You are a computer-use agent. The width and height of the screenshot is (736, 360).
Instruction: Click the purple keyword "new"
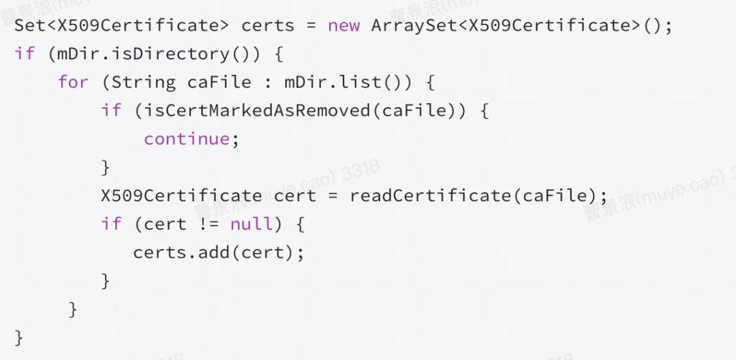point(343,26)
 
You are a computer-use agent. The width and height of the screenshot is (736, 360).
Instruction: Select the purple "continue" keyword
point(187,139)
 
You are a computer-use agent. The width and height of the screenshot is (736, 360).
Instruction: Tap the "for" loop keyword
point(73,82)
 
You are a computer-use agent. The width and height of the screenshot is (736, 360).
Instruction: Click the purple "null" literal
point(251,224)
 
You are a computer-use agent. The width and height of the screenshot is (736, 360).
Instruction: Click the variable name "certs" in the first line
point(268,26)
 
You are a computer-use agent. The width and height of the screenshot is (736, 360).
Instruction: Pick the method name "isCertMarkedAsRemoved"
point(257,110)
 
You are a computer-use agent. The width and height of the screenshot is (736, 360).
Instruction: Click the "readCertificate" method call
point(430,196)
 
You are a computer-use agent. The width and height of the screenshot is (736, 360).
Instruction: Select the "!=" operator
point(209,224)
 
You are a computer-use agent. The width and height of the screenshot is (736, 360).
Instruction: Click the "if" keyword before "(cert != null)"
point(111,224)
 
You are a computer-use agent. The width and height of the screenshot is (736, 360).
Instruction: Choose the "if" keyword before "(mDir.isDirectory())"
point(25,54)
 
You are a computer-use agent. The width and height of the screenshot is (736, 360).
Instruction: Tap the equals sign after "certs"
point(311,26)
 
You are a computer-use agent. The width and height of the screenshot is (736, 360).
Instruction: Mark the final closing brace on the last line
point(19,337)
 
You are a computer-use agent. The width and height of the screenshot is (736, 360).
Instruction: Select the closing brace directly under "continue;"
point(106,168)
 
